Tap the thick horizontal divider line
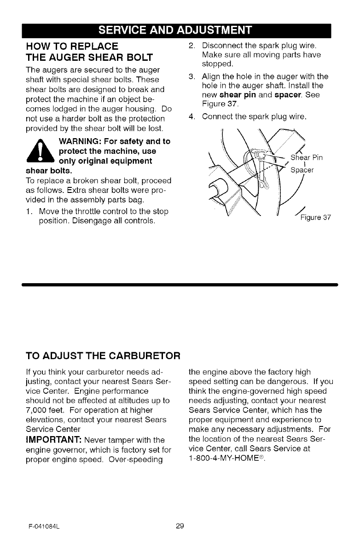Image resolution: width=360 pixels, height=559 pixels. tap(180, 285)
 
